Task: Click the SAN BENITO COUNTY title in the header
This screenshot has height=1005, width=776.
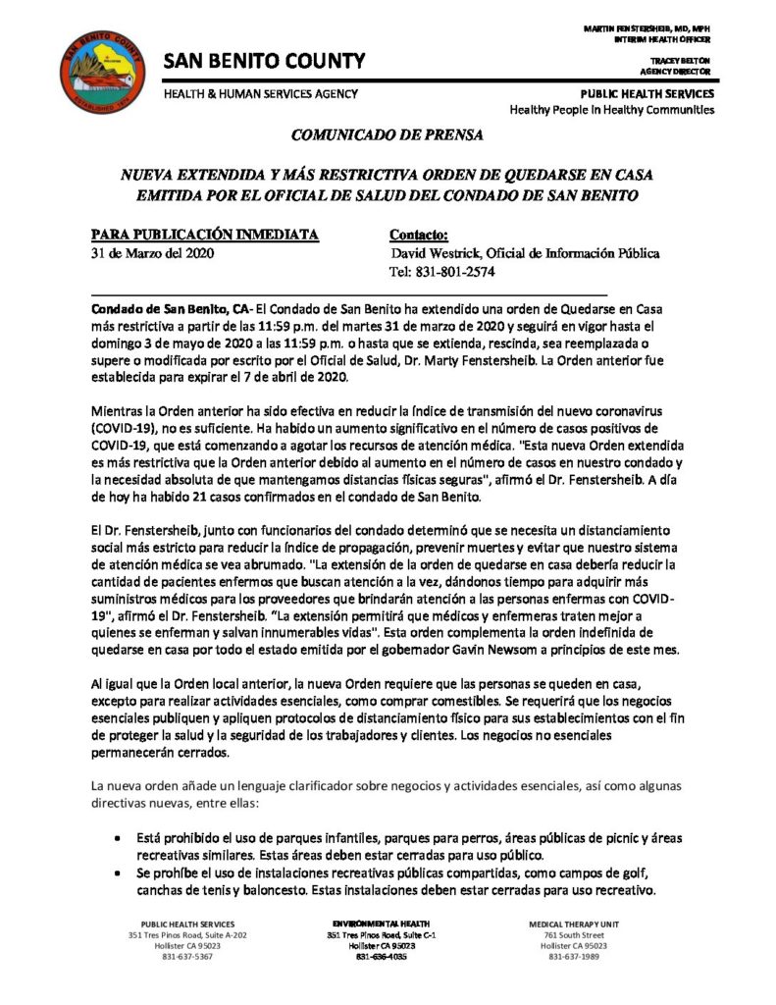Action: [264, 62]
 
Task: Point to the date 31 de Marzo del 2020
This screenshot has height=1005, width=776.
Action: [152, 254]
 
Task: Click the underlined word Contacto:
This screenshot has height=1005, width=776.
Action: [419, 236]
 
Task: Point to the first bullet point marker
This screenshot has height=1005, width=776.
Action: [118, 840]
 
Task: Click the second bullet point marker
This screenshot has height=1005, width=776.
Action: [118, 873]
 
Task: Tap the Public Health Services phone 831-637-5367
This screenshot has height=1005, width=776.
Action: [187, 957]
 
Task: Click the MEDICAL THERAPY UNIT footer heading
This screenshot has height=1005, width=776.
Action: [575, 925]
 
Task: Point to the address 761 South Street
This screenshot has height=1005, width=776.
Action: [575, 935]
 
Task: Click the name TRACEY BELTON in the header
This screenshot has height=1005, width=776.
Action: [688, 61]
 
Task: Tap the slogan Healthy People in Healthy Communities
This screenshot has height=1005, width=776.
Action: [612, 110]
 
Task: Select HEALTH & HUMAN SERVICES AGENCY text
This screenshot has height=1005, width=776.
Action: [260, 93]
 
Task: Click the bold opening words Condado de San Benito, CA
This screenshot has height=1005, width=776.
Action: [169, 308]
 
